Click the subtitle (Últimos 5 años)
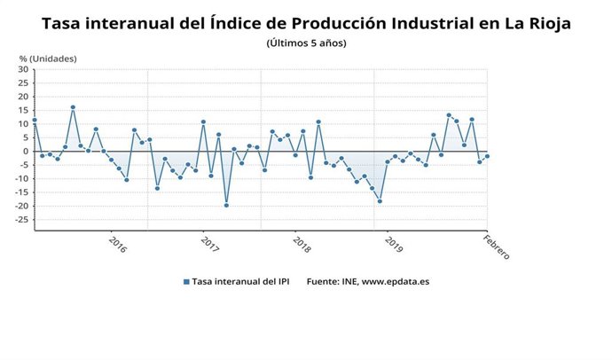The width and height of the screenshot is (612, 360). pos(306,43)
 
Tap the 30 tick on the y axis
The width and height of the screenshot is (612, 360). pos(22,69)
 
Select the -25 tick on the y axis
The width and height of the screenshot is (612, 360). pos(20,220)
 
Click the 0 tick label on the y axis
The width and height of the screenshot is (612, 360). pos(26,152)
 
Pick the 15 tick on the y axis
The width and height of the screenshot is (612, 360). pos(22,110)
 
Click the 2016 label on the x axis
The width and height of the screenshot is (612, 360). pos(115,242)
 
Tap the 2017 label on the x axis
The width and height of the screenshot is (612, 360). pos(209,242)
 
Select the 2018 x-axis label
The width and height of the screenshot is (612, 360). pos(302,242)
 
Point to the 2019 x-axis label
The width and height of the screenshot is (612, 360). pos(395,242)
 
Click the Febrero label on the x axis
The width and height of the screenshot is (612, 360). pos(496,245)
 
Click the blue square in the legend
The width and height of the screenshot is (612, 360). pos(186,281)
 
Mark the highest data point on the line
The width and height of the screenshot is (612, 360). pos(73,107)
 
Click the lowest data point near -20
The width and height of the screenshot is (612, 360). pos(226,205)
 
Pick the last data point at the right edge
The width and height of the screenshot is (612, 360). pos(487,156)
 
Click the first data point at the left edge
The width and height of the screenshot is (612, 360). pos(35,120)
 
